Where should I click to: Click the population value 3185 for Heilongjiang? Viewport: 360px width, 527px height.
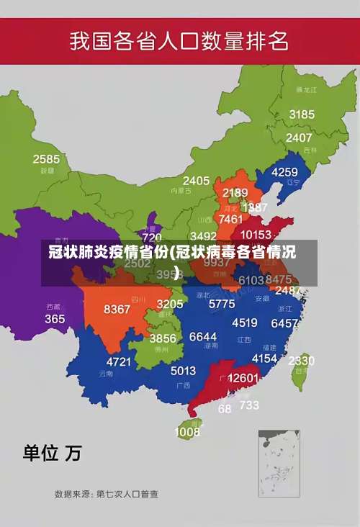click(x=302, y=114)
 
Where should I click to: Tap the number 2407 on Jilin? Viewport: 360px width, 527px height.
click(x=299, y=138)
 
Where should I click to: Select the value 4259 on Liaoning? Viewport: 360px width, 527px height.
click(x=284, y=172)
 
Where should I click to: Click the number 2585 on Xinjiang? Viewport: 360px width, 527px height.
click(x=46, y=159)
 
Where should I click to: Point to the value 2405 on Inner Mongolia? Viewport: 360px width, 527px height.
click(x=196, y=181)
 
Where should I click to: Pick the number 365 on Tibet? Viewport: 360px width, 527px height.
click(x=55, y=318)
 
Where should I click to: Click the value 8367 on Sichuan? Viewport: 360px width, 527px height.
click(x=117, y=309)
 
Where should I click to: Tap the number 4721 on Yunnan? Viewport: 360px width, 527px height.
click(x=120, y=361)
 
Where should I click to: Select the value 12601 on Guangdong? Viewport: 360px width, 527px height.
click(x=243, y=378)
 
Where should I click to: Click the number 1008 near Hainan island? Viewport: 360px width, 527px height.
click(x=187, y=432)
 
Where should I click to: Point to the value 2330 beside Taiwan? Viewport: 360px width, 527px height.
click(x=301, y=361)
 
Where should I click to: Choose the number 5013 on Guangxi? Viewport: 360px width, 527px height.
click(x=183, y=371)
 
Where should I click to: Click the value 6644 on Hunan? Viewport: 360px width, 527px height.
click(x=203, y=337)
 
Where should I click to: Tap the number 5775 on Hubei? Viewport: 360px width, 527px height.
click(x=221, y=304)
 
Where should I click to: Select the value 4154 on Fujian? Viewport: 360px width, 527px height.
click(x=264, y=358)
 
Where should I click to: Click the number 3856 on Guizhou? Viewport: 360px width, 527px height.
click(x=163, y=338)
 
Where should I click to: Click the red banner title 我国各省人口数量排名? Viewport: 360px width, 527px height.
click(x=179, y=40)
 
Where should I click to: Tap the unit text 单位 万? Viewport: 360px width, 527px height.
click(x=52, y=453)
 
